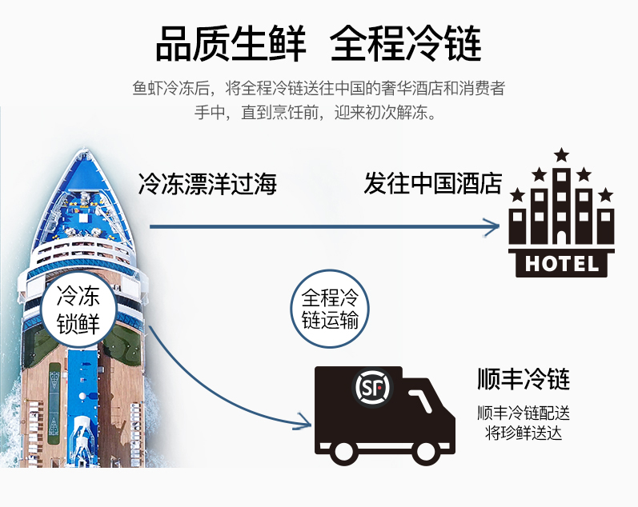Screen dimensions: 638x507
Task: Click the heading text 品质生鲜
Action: point(229,43)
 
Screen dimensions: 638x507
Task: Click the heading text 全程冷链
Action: point(406,43)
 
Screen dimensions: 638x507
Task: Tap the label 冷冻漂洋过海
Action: point(207,185)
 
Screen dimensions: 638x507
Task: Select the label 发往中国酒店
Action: point(432,185)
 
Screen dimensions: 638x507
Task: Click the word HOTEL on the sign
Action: point(562,263)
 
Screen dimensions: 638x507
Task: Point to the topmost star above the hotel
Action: point(562,154)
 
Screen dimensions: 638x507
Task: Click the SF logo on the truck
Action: point(373,389)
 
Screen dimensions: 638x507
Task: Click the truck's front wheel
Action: point(426,450)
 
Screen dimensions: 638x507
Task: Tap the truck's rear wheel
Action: point(345,450)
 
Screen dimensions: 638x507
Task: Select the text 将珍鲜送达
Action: point(523,433)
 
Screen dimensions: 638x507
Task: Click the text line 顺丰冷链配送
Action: point(523,414)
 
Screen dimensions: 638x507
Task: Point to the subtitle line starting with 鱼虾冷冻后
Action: point(319,88)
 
